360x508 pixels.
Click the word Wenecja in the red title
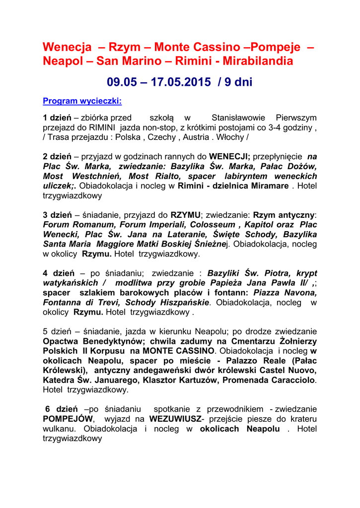coord(67,47)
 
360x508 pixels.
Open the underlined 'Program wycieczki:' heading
coord(82,101)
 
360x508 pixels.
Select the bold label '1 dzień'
coord(57,118)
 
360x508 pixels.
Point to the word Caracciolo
coord(290,381)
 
